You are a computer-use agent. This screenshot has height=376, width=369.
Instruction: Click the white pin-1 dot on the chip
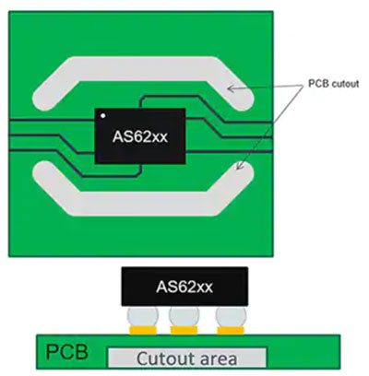[x=103, y=116]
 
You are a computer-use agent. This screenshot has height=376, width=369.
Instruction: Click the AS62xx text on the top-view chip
[x=140, y=136]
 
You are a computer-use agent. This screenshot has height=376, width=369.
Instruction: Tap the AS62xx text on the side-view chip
[x=184, y=288]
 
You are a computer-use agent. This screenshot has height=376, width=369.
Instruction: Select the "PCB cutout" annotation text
[x=333, y=84]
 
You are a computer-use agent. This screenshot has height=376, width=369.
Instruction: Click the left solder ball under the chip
[x=143, y=316]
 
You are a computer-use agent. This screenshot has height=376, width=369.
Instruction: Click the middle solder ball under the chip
[x=184, y=316]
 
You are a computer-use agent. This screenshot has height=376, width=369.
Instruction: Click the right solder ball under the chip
[x=231, y=316]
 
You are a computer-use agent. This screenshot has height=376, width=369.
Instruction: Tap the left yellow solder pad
[x=143, y=331]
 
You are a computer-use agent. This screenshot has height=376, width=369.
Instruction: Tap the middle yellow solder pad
[x=184, y=331]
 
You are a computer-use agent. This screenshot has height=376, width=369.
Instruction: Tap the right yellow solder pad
[x=231, y=331]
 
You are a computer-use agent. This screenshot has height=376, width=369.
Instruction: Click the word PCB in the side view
[x=66, y=352]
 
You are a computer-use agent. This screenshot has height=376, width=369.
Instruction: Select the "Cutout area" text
[x=186, y=358]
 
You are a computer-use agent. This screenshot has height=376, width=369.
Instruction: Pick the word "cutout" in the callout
[x=345, y=84]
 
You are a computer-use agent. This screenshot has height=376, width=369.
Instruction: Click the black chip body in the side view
[x=184, y=287]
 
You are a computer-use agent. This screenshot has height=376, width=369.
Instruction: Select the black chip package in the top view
[x=140, y=136]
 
